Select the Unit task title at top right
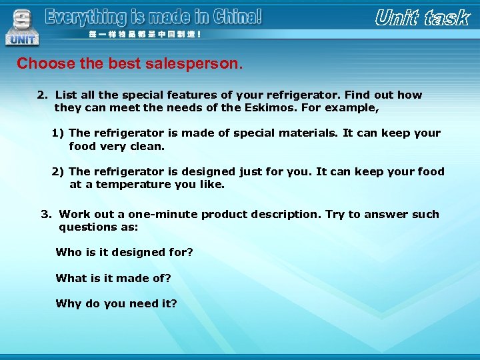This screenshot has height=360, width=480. (x=422, y=18)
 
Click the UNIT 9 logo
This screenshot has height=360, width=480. (x=22, y=27)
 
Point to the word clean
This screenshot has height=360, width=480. (x=148, y=146)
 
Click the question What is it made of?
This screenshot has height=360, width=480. (x=113, y=278)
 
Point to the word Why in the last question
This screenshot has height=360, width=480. (x=69, y=304)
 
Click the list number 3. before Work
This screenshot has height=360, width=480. (x=46, y=215)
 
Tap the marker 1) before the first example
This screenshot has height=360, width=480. (x=58, y=133)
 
